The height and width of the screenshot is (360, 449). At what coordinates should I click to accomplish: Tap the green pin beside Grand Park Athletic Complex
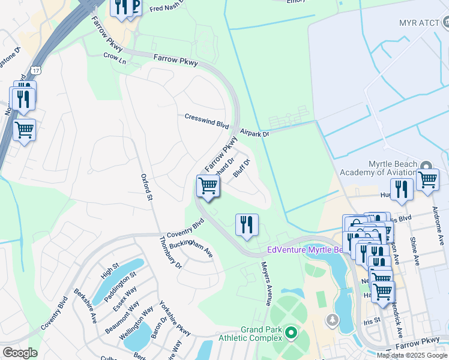tap(291, 332)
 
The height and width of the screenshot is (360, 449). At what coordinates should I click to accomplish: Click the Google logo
tap(19, 353)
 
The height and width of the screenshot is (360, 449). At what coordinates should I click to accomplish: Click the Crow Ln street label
tap(115, 58)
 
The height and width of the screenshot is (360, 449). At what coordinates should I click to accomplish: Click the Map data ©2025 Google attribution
tap(412, 355)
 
